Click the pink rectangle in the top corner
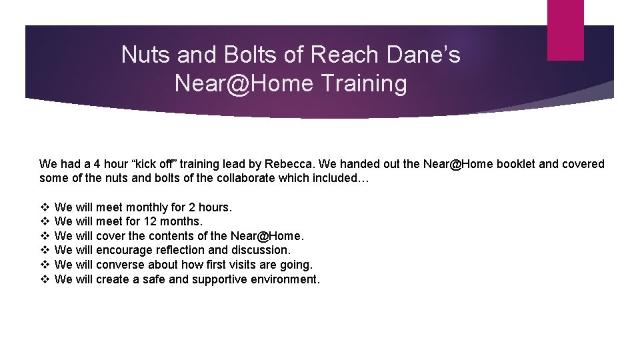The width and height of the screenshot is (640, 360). click(x=565, y=30)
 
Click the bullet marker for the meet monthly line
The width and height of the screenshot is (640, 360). click(x=45, y=207)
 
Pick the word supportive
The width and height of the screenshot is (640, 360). click(x=219, y=279)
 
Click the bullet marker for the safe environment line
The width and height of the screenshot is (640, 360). click(x=45, y=279)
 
